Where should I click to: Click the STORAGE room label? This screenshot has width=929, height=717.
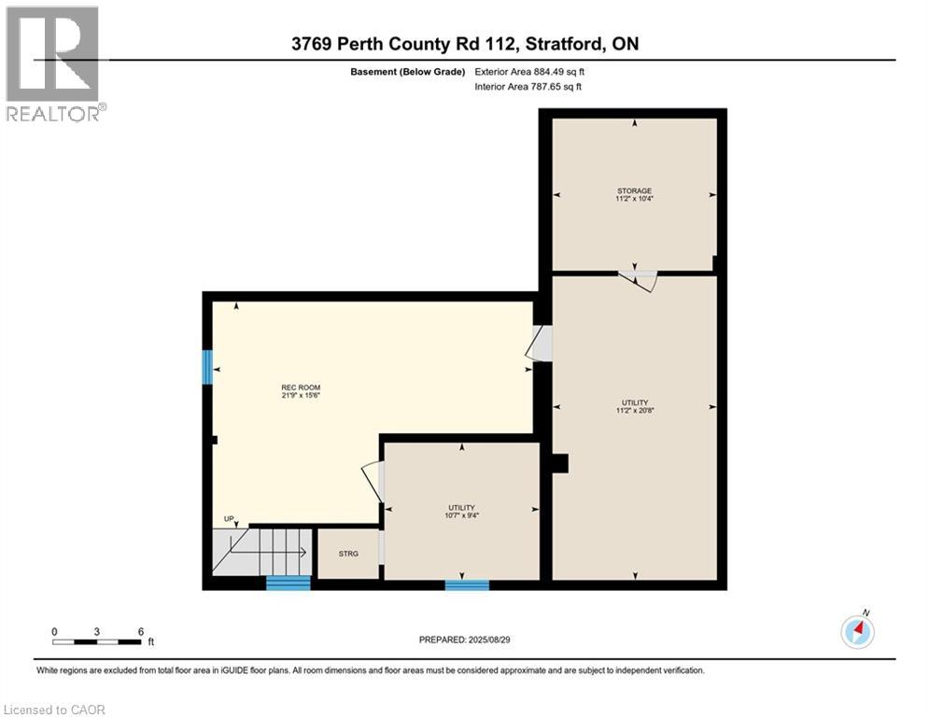point(634,190)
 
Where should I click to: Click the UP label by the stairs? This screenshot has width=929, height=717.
point(229,519)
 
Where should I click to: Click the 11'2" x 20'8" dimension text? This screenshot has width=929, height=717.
point(634,410)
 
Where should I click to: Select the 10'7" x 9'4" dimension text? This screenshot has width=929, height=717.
point(462,514)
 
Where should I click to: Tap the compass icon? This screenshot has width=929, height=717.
point(857,631)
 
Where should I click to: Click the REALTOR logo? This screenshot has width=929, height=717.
point(54,63)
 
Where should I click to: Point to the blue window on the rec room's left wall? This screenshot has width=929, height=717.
point(207,367)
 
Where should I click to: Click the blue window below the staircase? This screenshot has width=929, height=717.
point(288,583)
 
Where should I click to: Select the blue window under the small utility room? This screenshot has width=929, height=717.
point(467,585)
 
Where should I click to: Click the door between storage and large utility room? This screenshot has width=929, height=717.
point(640,278)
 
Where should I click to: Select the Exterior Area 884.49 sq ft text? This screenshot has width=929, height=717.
point(529,71)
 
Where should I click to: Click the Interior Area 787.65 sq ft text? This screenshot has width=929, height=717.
point(529,87)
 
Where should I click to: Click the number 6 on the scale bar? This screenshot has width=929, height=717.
point(140,631)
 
